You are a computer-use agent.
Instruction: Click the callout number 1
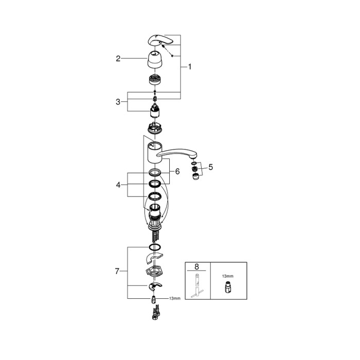tap(190, 67)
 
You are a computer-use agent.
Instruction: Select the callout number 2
tap(118, 59)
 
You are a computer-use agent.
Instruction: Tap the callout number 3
tap(118, 102)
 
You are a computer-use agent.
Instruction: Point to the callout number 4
tap(118, 185)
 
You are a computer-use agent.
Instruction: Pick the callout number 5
tap(210, 167)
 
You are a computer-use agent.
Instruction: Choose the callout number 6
tap(177, 171)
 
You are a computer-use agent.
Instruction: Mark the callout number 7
tap(117, 272)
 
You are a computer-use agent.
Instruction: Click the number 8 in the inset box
tap(196, 267)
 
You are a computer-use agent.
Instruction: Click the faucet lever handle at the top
tap(160, 40)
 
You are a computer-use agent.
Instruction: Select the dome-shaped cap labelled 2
tap(155, 60)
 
